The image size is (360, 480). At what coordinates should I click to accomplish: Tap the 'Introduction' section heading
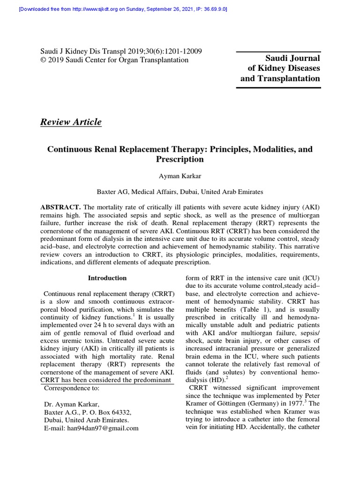[x=107, y=278]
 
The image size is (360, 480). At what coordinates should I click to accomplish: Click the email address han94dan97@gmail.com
[x=91, y=428]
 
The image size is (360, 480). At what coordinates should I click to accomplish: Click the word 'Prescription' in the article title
[x=180, y=159]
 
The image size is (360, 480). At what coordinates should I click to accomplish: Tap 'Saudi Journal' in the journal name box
[x=292, y=58]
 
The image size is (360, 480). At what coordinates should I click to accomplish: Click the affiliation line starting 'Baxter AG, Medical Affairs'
[x=180, y=192]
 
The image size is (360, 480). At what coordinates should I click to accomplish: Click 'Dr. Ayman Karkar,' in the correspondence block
[x=71, y=404]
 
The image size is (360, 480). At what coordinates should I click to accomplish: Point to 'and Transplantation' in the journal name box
[x=280, y=78]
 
